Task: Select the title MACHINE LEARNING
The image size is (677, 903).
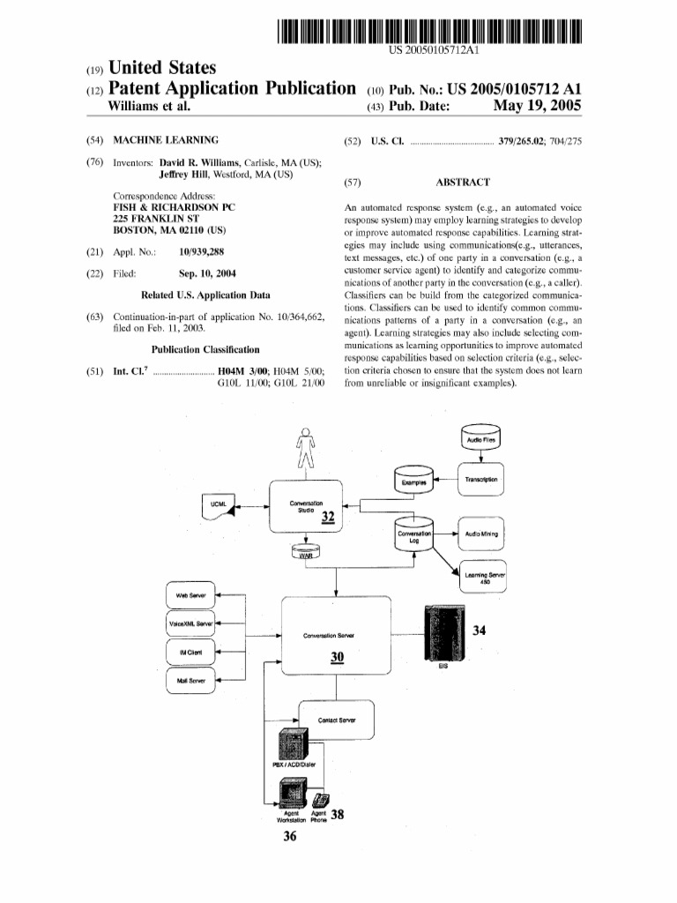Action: pyautogui.click(x=167, y=140)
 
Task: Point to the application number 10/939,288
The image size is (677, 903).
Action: pyautogui.click(x=202, y=251)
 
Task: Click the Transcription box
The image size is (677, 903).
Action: pyautogui.click(x=480, y=480)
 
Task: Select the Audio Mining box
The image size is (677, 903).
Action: pyautogui.click(x=481, y=534)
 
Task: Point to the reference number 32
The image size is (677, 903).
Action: pyautogui.click(x=328, y=517)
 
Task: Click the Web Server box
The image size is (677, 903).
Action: pyautogui.click(x=190, y=595)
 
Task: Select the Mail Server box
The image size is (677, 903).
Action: pyautogui.click(x=190, y=680)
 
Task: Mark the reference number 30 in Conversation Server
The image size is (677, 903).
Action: pyautogui.click(x=338, y=656)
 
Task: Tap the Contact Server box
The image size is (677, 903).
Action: pyautogui.click(x=338, y=720)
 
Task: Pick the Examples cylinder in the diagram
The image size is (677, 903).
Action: pyautogui.click(x=414, y=481)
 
